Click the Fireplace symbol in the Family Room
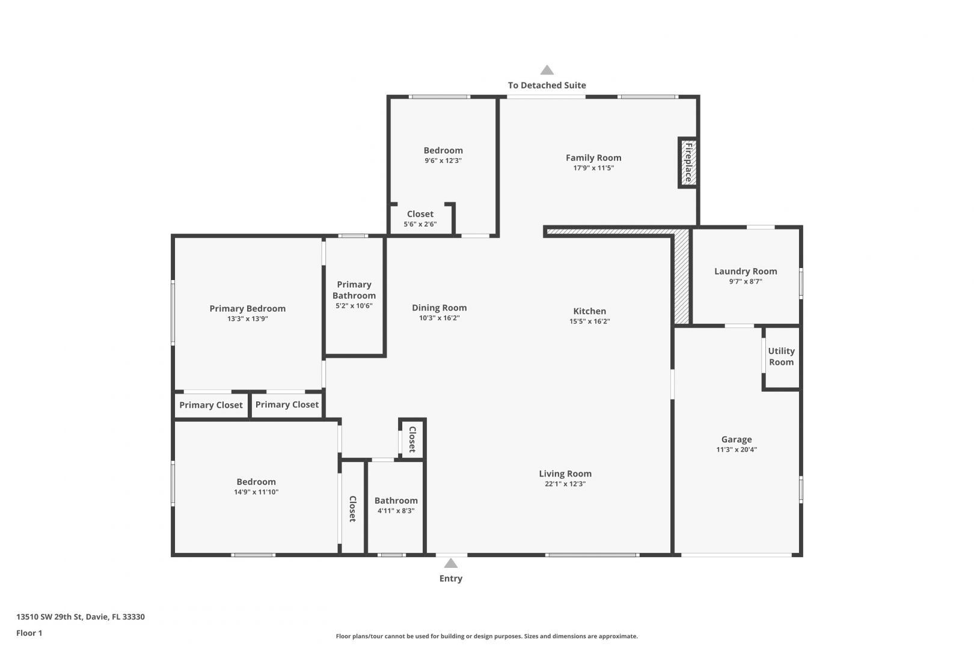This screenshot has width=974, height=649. coord(688,163)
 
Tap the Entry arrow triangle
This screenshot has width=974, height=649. coord(451,563)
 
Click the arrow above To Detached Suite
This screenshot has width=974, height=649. coord(547,70)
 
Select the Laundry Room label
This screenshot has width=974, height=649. coord(746,271)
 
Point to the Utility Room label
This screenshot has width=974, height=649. coord(782,356)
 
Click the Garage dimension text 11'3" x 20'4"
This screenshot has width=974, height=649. coord(737,449)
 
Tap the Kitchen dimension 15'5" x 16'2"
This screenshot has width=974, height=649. coord(590,321)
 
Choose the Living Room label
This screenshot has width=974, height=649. coord(565,474)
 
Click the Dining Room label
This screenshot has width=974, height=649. coord(439,308)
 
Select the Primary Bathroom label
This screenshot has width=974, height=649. coord(354,290)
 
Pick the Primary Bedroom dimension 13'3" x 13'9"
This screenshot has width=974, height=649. coord(248,318)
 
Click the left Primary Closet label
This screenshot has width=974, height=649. coord(211,405)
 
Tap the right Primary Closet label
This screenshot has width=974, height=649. coord(287,404)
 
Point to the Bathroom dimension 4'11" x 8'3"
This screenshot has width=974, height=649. coord(396,511)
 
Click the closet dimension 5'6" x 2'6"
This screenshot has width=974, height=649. coord(420,224)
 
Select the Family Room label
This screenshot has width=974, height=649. coord(593,158)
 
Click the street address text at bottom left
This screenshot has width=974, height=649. coord(81,617)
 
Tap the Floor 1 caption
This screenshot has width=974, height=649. coord(29,633)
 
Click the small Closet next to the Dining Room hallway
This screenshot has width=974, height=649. coord(412,439)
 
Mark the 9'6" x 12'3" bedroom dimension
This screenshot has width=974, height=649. coord(443,160)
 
